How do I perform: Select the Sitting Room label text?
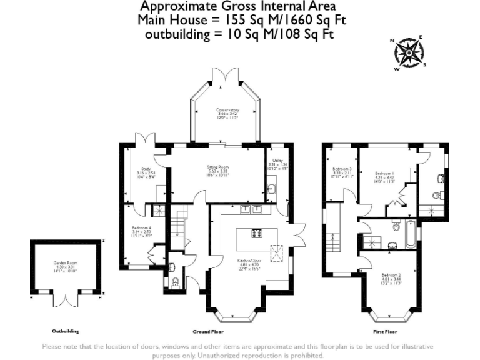click(x=218, y=171)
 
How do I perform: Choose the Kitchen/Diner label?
click(x=248, y=264)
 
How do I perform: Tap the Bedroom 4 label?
click(x=141, y=231)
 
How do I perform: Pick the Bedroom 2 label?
click(x=391, y=279)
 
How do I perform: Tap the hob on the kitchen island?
click(x=257, y=234)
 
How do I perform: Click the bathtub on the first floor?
click(x=409, y=234)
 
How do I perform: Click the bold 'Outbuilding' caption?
click(x=65, y=331)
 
